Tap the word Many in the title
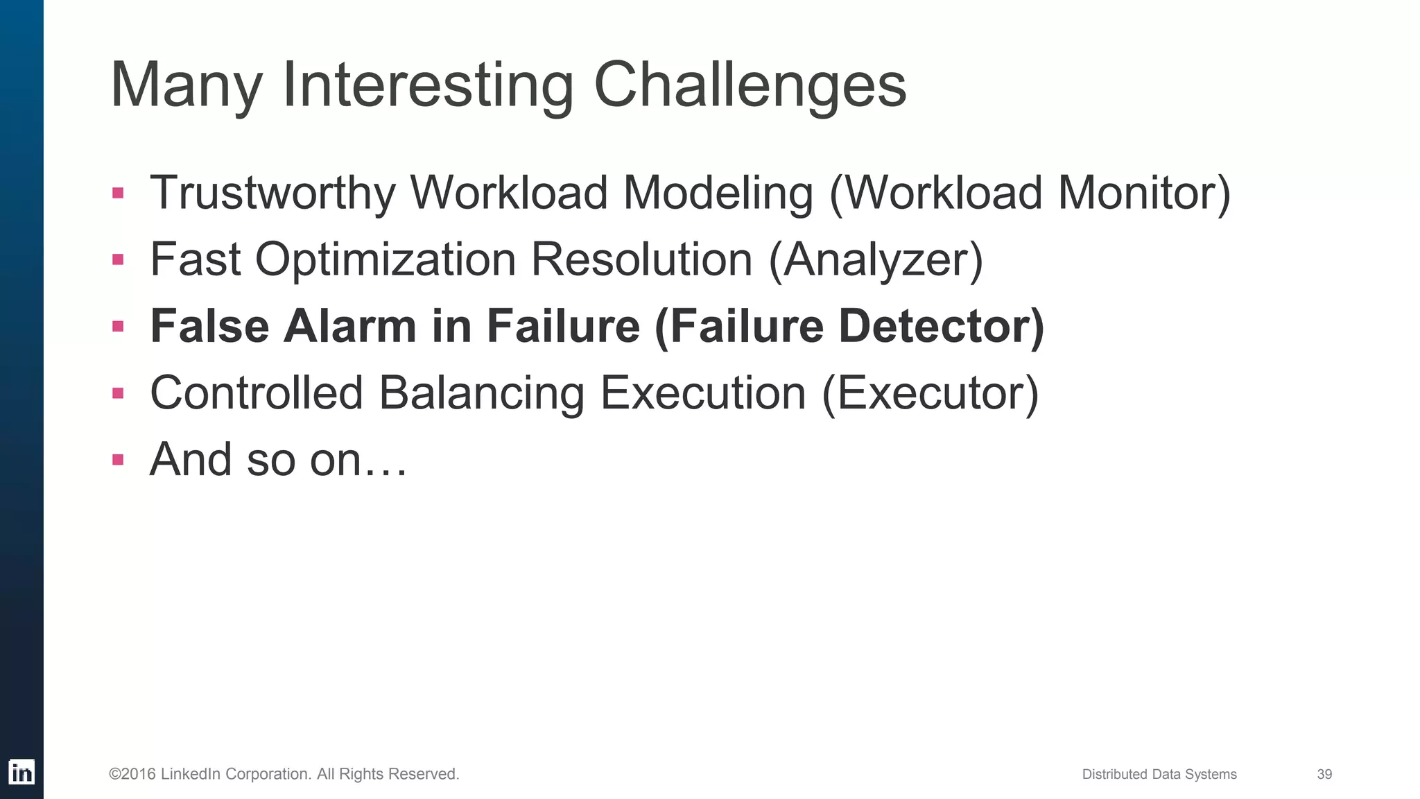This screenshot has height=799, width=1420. pos(186,85)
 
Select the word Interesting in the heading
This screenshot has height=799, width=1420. pos(428,85)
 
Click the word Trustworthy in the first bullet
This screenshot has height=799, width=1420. pos(272,192)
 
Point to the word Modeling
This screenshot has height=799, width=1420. pos(718,192)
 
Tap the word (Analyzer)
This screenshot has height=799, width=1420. pos(876,259)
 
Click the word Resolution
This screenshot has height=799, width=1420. pos(641,259)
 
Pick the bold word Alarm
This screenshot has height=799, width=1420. pos(349,326)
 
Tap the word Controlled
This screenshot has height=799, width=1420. pos(257,393)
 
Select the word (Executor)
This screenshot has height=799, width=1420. pos(930,393)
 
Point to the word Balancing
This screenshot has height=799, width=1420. pos(481,393)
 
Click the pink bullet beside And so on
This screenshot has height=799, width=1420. pos(118,459)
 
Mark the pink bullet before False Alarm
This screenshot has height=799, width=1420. pos(118,326)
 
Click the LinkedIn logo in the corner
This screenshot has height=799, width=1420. pos(21,772)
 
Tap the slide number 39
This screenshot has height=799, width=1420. pos(1324,774)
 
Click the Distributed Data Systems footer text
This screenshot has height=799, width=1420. pos(1159,774)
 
